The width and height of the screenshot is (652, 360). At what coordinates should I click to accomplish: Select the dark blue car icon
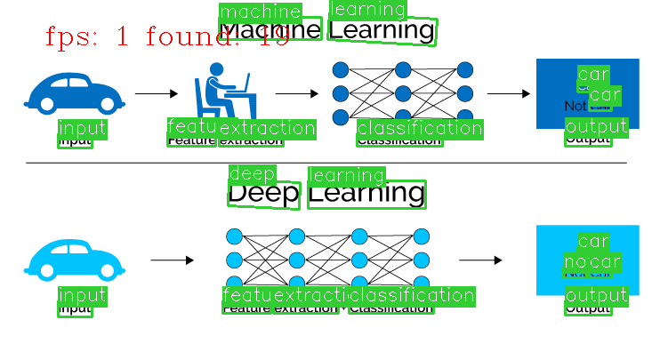pyautogui.click(x=74, y=93)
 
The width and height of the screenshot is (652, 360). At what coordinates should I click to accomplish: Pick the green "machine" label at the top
pyautogui.click(x=260, y=12)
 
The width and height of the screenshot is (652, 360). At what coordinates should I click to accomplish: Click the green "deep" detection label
pyautogui.click(x=253, y=173)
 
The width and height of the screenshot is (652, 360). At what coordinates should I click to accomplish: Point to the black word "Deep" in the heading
pyautogui.click(x=263, y=194)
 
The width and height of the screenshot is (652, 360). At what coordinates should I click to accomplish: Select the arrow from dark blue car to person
pyautogui.click(x=157, y=92)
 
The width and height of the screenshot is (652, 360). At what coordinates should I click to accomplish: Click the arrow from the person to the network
pyautogui.click(x=297, y=92)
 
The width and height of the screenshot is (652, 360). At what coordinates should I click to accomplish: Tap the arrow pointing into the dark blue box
pyautogui.click(x=509, y=93)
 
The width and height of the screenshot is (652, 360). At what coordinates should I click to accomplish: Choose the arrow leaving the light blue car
pyautogui.click(x=173, y=260)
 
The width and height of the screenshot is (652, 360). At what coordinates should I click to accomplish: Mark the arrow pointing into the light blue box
pyautogui.click(x=480, y=260)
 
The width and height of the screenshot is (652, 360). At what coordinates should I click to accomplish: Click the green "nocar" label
pyautogui.click(x=592, y=262)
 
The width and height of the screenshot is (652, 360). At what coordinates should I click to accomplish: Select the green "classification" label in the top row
pyautogui.click(x=419, y=129)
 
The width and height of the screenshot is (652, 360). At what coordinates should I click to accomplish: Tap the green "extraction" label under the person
pyautogui.click(x=267, y=128)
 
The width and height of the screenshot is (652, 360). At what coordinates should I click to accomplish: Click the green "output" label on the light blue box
pyautogui.click(x=596, y=295)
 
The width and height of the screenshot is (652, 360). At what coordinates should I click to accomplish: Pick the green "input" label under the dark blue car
pyautogui.click(x=82, y=128)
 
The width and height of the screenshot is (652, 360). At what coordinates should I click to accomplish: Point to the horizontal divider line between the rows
pyautogui.click(x=326, y=163)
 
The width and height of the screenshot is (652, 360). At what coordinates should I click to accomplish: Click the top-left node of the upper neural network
pyautogui.click(x=340, y=69)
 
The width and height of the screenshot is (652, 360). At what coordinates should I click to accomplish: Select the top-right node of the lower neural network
pyautogui.click(x=422, y=237)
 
